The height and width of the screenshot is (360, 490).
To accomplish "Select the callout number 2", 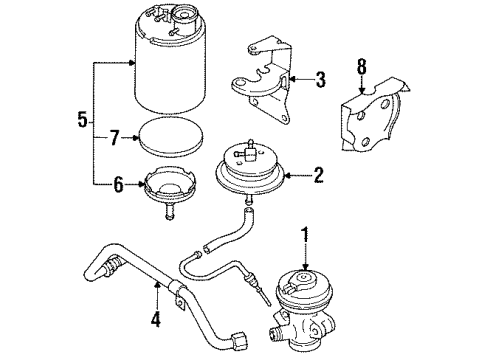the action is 319,175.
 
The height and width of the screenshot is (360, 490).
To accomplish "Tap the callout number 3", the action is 320,79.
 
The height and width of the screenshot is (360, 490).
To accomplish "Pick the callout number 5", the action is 83,119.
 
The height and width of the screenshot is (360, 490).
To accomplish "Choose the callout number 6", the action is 119,185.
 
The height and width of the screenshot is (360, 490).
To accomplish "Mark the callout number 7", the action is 114,138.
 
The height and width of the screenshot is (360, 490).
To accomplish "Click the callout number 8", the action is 362,67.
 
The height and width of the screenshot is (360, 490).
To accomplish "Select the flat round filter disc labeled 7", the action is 171,137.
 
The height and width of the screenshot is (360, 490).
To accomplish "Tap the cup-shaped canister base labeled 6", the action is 170,192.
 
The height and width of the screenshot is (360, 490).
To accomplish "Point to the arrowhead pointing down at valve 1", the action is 305,266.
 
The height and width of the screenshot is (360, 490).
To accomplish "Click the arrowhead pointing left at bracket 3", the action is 293,79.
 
